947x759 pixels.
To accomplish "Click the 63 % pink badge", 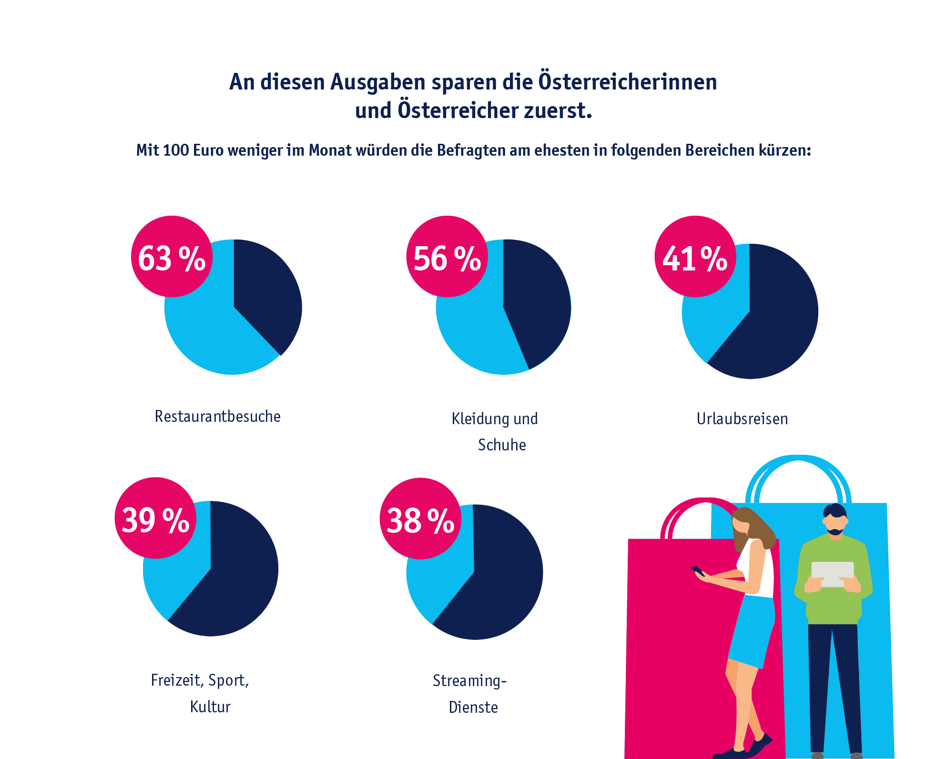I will (172, 257).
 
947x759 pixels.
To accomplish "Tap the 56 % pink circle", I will (447, 257).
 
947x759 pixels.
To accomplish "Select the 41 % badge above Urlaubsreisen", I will (695, 257).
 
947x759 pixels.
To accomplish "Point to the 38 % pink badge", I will (420, 519).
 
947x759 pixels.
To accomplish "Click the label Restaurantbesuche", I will (218, 416).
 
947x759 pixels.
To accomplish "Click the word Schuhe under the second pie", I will (502, 445).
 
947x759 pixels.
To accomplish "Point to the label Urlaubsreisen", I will (742, 419).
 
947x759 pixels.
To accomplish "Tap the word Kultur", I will (210, 707).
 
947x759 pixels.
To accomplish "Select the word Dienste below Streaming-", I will (473, 707).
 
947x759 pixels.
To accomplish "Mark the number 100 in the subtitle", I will (176, 150).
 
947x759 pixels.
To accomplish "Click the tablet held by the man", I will (832, 574).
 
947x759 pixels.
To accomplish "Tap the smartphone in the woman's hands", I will (698, 570).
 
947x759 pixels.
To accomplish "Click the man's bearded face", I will (835, 524).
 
